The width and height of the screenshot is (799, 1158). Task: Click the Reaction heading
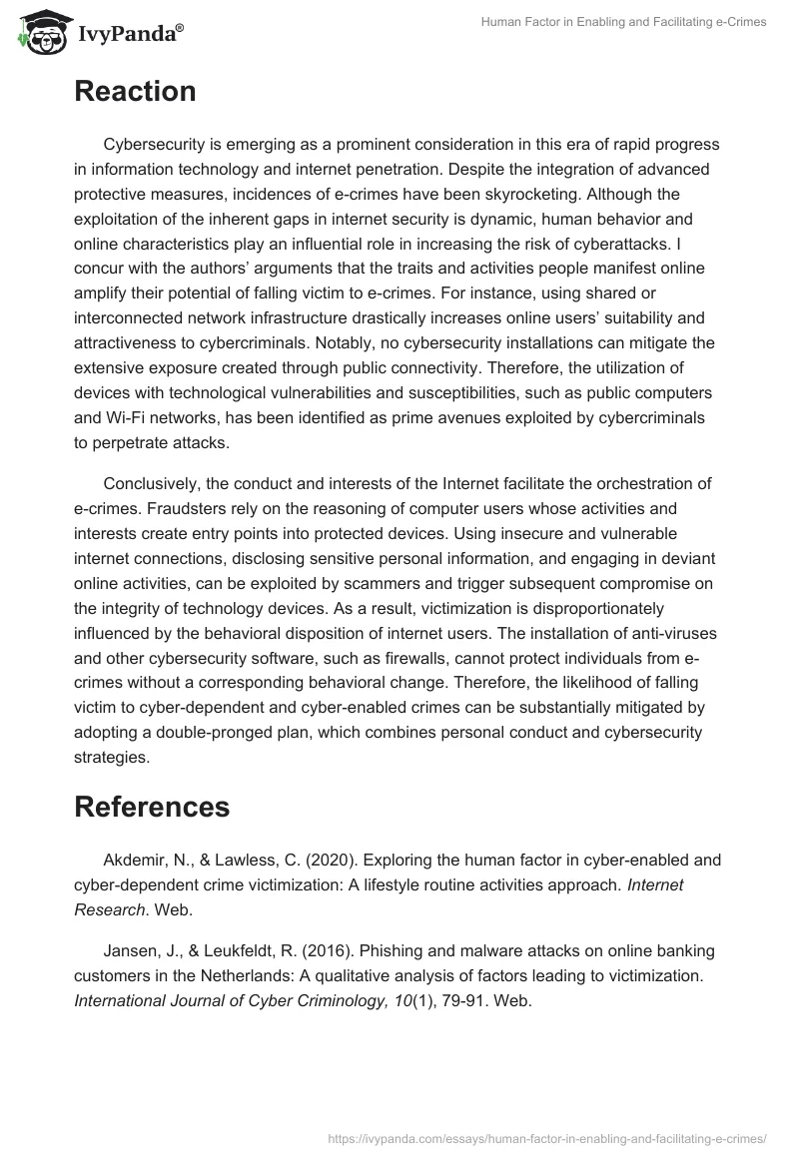(x=135, y=92)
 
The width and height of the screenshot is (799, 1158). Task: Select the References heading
(x=152, y=806)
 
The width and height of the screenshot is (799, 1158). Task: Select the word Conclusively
(x=154, y=484)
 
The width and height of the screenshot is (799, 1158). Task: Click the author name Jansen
(x=131, y=950)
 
